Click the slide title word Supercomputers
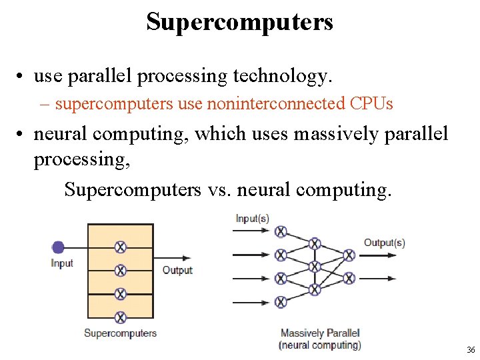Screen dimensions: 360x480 (239, 23)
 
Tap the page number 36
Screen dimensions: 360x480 (471, 350)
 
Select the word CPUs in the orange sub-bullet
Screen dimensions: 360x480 (371, 104)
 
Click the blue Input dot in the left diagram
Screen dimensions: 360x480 (58, 247)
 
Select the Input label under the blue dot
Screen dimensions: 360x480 (62, 263)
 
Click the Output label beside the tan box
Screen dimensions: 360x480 (177, 270)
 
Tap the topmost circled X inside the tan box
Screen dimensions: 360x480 (121, 247)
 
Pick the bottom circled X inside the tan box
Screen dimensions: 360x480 (121, 317)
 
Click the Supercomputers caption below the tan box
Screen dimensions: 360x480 (121, 333)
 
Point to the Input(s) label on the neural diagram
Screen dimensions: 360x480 (252, 219)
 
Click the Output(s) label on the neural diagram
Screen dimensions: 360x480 (384, 243)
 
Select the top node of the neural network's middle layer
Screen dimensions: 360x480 (315, 243)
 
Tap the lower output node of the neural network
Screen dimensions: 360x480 (348, 278)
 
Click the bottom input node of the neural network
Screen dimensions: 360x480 (281, 302)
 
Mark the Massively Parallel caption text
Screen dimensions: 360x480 (320, 333)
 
